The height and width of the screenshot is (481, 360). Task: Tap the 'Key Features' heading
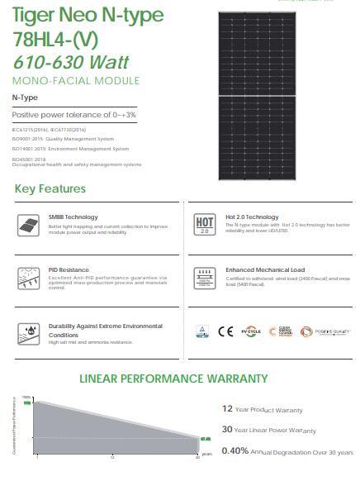point(50,189)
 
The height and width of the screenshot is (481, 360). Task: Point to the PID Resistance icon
point(27,277)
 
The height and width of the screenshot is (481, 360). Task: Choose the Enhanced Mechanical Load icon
point(204,277)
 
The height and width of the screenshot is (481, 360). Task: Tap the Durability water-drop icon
point(27,333)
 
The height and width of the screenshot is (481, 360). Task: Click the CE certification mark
point(225,332)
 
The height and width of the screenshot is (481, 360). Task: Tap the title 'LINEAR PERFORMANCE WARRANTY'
point(173,379)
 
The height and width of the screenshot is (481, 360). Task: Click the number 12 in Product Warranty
point(227,408)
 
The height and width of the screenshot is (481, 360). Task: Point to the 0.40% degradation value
point(235,451)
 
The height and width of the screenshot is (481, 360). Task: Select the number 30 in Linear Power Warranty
point(227,430)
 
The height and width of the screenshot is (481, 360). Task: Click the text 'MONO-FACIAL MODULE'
point(75,80)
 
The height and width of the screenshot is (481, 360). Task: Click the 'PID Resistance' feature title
point(69,269)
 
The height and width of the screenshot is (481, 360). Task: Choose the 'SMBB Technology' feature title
point(73,217)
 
